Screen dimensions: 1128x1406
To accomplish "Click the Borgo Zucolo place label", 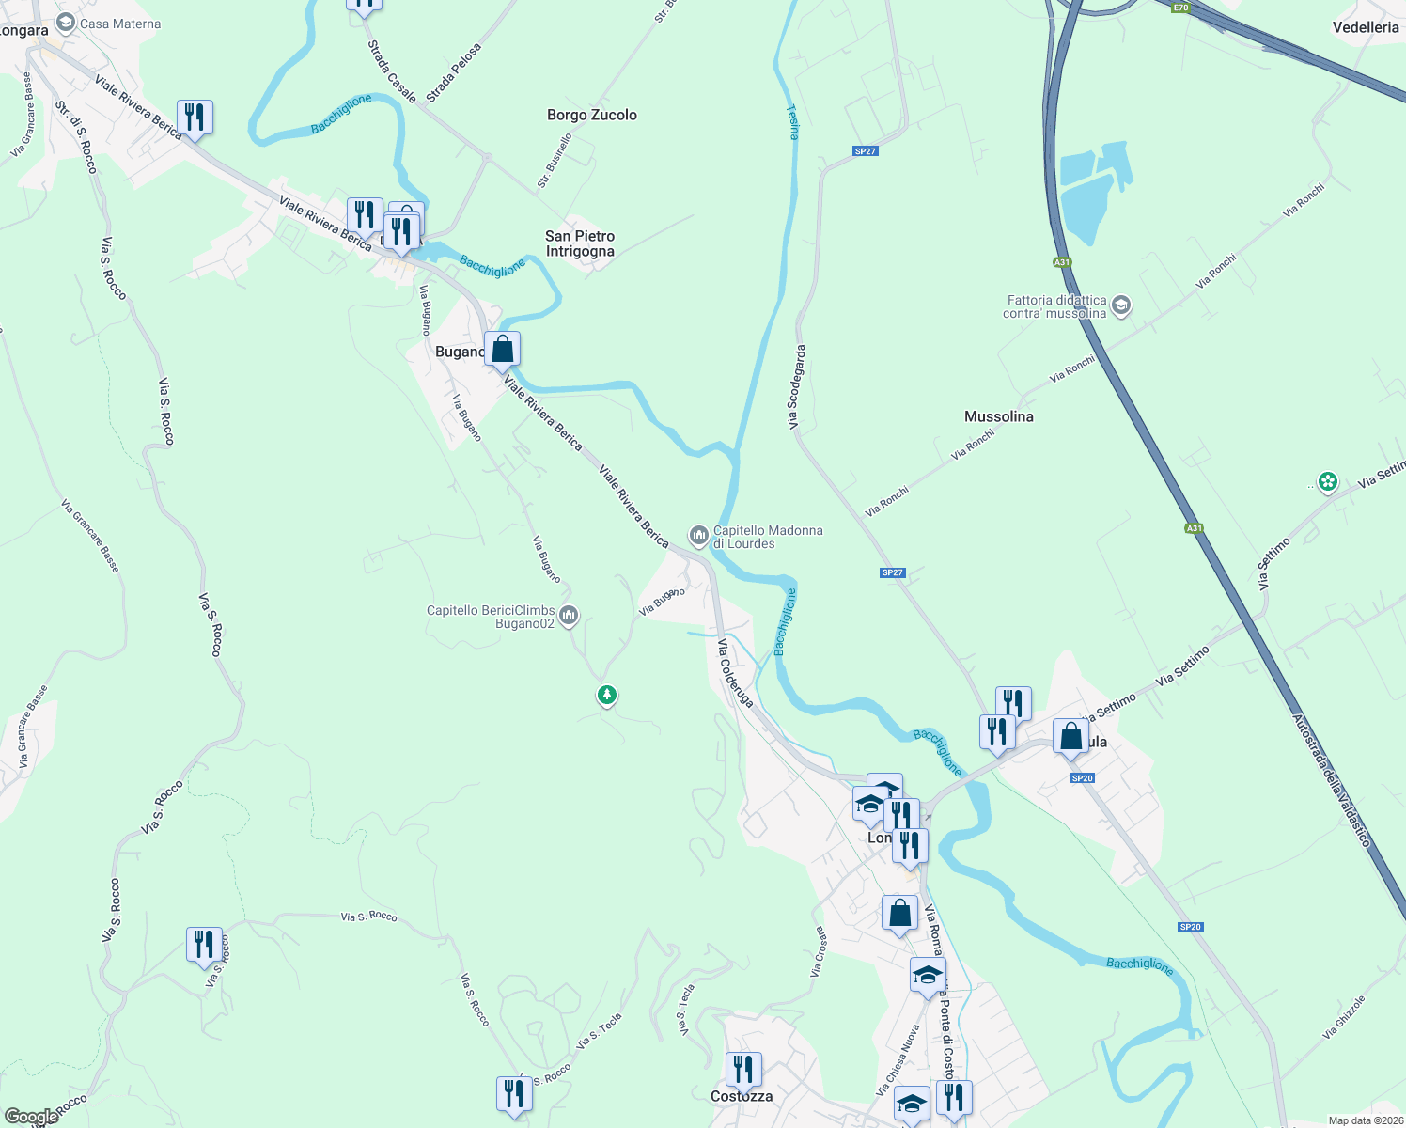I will click(592, 115).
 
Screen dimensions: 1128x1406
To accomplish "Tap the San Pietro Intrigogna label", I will click(580, 243).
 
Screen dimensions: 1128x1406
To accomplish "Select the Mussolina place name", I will click(998, 416).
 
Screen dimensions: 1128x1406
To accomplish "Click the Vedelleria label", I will click(1366, 27).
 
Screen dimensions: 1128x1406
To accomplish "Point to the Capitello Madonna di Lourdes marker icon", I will click(698, 536).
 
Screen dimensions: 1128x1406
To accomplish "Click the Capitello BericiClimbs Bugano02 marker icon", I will click(568, 617).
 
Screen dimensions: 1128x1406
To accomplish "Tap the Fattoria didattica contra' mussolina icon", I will click(1120, 305).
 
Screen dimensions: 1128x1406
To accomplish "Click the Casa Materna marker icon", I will click(66, 23).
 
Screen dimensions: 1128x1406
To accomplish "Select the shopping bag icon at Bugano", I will click(503, 350).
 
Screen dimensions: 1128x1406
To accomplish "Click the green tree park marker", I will click(607, 696).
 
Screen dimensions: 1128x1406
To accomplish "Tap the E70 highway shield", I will click(1181, 7).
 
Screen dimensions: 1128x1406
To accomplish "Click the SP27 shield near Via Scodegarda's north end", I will click(865, 151).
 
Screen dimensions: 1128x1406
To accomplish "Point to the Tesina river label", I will click(792, 121).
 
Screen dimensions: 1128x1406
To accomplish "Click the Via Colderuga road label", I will click(735, 672).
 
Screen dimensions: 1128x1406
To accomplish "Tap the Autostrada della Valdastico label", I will click(1332, 781).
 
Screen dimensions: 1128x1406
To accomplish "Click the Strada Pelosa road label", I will click(453, 72).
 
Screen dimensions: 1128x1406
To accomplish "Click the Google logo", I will click(31, 1117).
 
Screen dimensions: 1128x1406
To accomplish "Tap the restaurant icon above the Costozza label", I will click(742, 1069).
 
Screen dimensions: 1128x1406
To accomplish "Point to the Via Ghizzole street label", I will click(1343, 1017).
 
